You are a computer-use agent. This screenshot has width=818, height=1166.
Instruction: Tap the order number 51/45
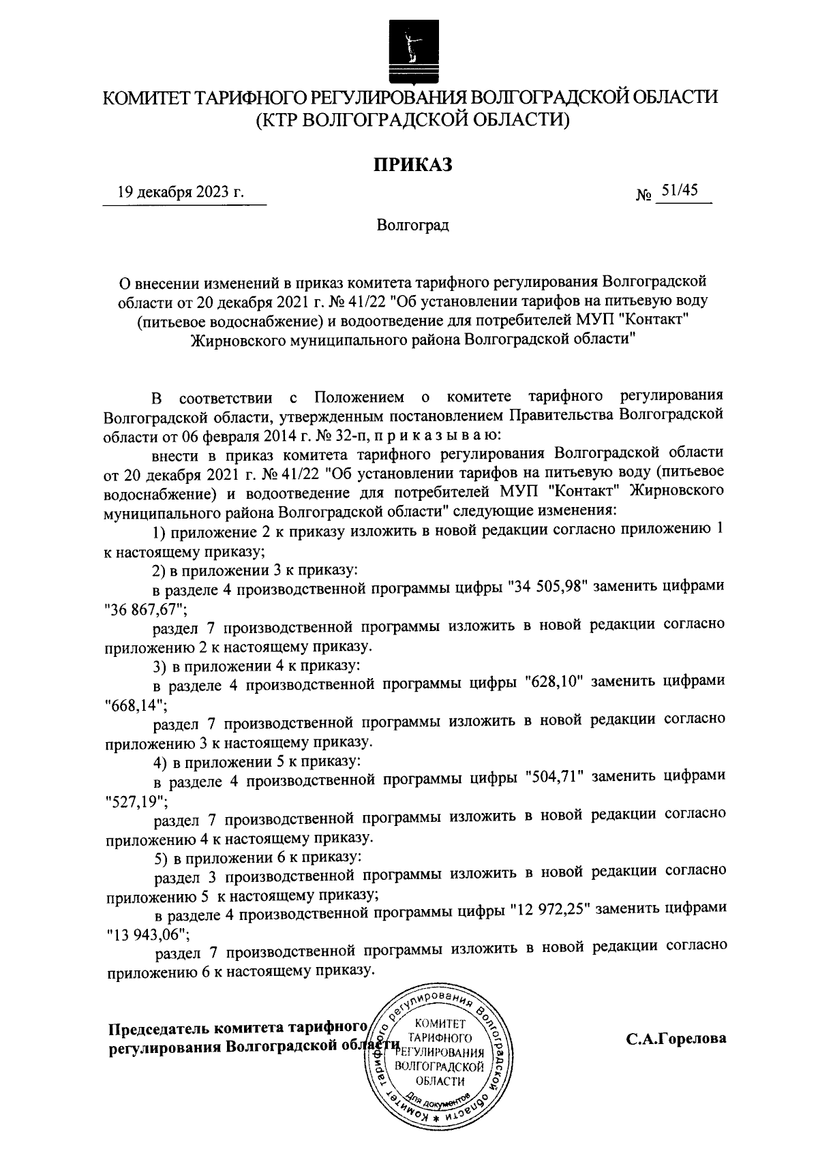680,191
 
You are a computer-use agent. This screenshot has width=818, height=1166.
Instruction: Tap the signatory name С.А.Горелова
677,1039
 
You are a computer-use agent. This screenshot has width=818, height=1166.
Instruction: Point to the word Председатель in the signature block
159,1028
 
